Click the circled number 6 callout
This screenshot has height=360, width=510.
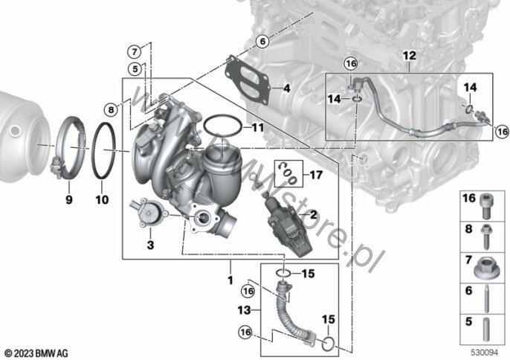pyautogui.click(x=262, y=42)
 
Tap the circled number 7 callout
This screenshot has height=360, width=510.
pyautogui.click(x=134, y=51)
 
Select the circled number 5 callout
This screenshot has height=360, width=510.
pyautogui.click(x=135, y=68)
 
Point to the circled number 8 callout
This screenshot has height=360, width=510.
pyautogui.click(x=111, y=109)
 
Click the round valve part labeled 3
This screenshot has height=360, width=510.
pyautogui.click(x=149, y=213)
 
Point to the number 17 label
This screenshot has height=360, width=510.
pyautogui.click(x=316, y=176)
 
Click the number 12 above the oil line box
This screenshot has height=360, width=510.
pyautogui.click(x=409, y=56)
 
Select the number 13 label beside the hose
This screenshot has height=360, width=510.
pyautogui.click(x=245, y=310)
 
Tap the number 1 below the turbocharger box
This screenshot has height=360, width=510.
pyautogui.click(x=230, y=280)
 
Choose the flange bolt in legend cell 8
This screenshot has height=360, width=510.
pyautogui.click(x=486, y=237)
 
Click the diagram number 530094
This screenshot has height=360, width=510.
pyautogui.click(x=485, y=353)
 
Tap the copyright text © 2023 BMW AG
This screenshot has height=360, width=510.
pyautogui.click(x=36, y=353)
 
